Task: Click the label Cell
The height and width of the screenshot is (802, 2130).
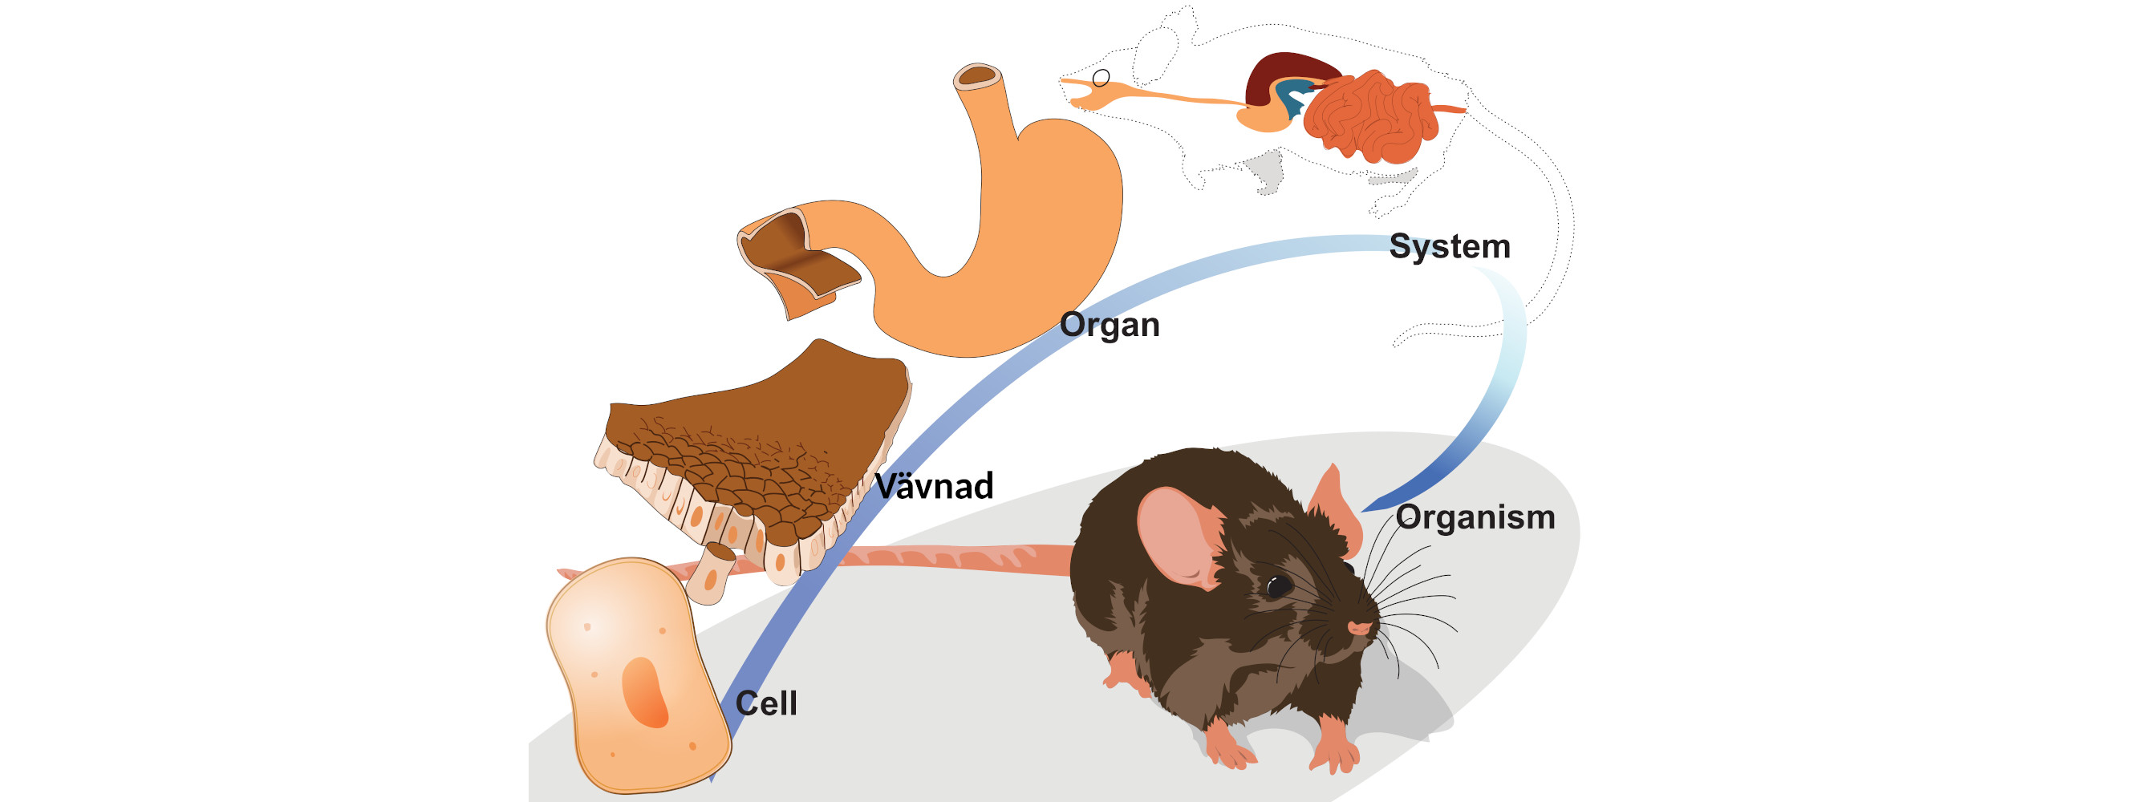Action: click(765, 703)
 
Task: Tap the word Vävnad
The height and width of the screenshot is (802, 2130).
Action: click(934, 486)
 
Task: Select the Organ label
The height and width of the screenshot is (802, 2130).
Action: click(1110, 325)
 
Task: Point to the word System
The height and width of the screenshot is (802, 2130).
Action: click(1450, 246)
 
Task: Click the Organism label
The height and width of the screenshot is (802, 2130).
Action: click(1475, 517)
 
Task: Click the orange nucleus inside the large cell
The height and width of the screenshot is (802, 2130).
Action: click(645, 692)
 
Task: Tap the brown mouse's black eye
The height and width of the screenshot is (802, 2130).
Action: click(1278, 586)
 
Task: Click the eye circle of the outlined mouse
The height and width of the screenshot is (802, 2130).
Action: click(1102, 79)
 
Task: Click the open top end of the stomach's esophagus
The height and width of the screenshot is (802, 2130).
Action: click(978, 77)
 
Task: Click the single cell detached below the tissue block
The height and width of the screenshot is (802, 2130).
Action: click(712, 573)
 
